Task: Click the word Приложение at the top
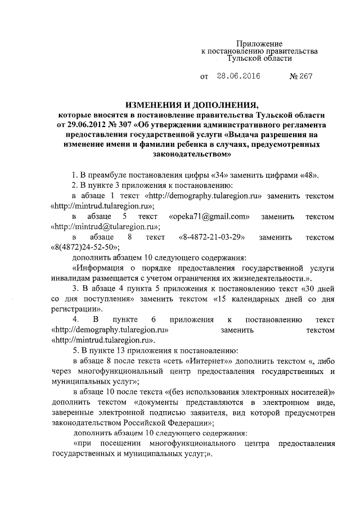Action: (x=259, y=43)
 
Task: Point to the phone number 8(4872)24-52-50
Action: (x=84, y=247)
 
